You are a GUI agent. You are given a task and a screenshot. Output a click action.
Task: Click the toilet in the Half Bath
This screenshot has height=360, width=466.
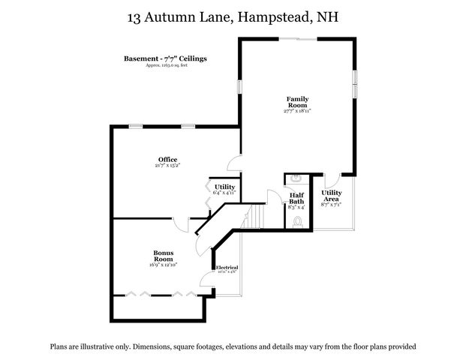297,222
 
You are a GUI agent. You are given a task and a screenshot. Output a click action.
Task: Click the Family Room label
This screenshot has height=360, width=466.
297,102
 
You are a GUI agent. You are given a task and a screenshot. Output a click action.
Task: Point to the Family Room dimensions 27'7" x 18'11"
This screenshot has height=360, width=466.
297,111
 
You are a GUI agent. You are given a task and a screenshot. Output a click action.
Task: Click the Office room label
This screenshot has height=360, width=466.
167,159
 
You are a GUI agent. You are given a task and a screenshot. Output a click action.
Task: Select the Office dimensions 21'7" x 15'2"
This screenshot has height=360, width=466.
167,166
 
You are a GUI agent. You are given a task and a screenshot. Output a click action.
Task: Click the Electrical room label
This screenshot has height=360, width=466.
227,268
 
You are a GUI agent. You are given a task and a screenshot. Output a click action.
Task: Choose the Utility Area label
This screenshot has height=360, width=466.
332,196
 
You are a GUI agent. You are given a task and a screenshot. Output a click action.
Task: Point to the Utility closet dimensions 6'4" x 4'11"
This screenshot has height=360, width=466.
224,193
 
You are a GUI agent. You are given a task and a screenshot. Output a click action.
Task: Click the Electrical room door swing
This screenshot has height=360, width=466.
206,282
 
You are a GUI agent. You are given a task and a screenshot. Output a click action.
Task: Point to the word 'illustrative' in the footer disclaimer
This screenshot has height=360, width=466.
106,347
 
